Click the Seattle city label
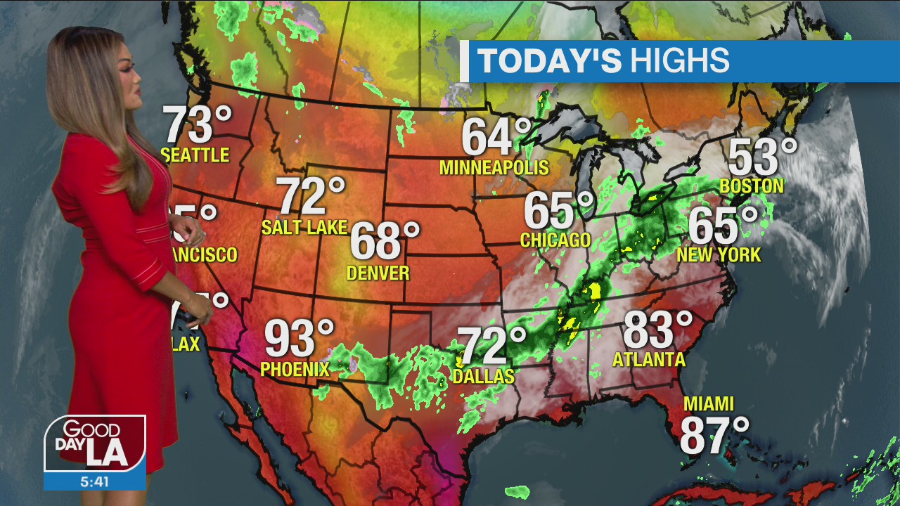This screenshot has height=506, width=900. coord(195,155)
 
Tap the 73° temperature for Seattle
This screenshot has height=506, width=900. coord(197,124)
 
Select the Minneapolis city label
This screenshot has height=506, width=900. coord(494,167)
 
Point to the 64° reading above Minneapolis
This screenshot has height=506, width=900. coord(496,137)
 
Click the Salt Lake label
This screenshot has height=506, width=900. coord(304,227)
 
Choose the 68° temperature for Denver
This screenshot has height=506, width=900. coord(384,241)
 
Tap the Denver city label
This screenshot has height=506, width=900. coord(378,273)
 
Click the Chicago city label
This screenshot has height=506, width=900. coord(555,240)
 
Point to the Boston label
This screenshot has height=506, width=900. coord(752,186)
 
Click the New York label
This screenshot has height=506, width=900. coord(719,254)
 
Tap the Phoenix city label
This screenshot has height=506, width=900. coord(295,369)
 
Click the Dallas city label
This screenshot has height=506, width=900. coord(484,377)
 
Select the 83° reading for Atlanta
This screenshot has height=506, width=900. coord(657,330)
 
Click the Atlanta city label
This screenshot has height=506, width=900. coord(649,360)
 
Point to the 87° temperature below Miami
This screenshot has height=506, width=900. coord(714,436)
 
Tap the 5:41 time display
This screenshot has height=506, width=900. coord(95,482)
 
